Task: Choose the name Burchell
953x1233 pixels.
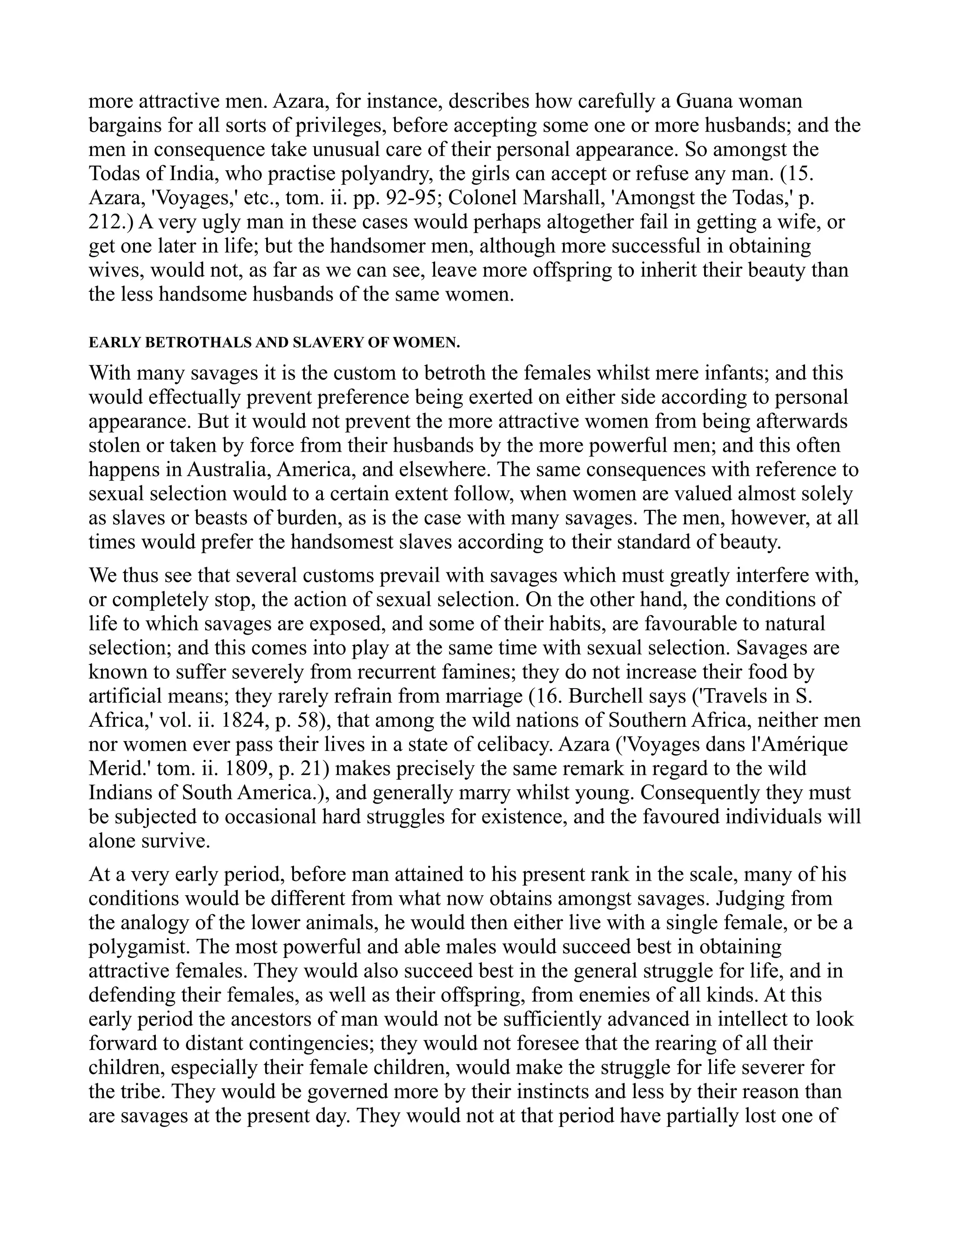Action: pyautogui.click(x=607, y=697)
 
